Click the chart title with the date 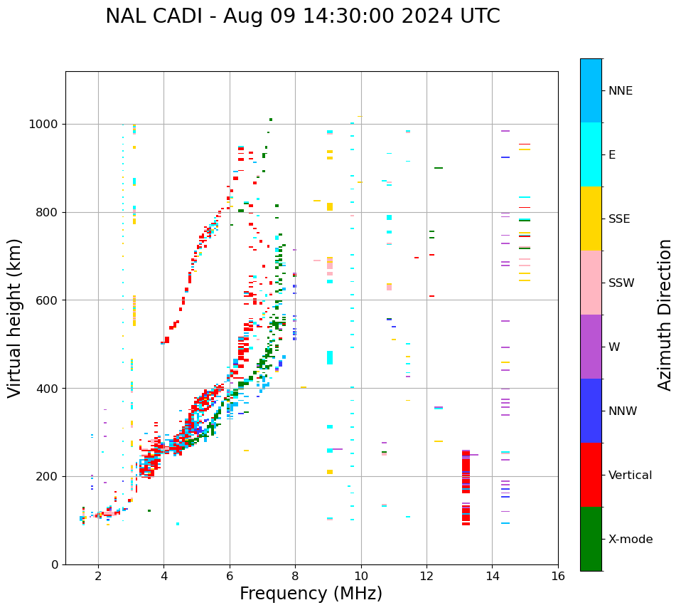pos(303,16)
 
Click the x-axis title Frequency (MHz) pos(311,594)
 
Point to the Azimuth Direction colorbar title pos(665,315)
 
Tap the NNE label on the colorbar pos(620,91)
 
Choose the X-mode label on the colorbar pos(630,540)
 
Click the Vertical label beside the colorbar pos(630,475)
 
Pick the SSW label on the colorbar pos(621,283)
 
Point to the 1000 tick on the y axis pos(47,124)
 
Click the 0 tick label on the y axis pos(55,564)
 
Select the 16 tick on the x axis pos(558,575)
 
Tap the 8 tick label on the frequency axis pos(295,575)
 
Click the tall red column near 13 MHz pos(466,488)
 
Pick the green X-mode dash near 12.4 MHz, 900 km pos(439,168)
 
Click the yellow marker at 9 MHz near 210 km pos(330,472)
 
